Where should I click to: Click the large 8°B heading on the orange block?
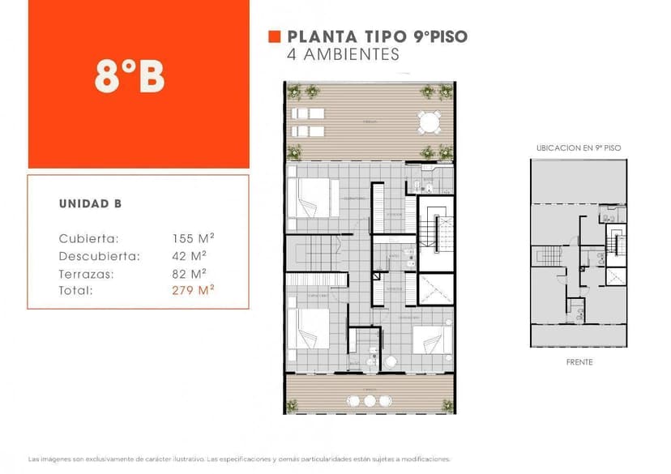coord(130,77)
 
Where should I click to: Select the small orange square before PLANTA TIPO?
coord(274,36)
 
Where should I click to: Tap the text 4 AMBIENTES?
coord(344,55)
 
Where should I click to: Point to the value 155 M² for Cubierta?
coord(193,238)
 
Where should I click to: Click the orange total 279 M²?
coord(193,290)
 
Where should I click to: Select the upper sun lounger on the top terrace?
coord(307,113)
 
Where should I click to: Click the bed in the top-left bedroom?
coord(312,197)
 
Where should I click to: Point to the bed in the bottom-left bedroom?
coord(310,328)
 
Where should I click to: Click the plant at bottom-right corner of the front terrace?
coord(447,405)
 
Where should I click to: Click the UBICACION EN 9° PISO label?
coord(579,149)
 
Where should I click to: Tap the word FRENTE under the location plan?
coord(579,362)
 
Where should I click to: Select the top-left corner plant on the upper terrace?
coord(293,91)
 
